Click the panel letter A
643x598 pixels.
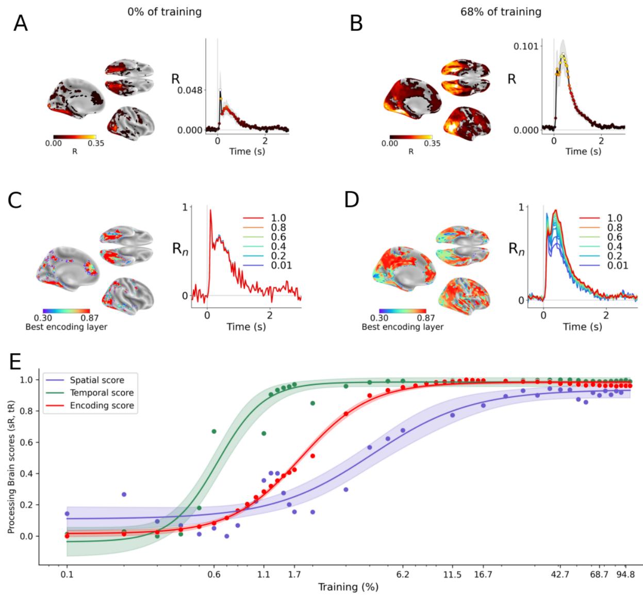(x=20, y=23)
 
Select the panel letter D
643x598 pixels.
(x=352, y=200)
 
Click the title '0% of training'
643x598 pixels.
(x=157, y=11)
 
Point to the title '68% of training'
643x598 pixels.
(x=501, y=11)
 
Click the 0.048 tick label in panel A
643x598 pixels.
(x=189, y=90)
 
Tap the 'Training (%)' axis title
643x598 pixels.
(x=348, y=587)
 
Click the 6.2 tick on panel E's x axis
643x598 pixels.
(x=403, y=573)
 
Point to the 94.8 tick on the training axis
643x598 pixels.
(x=625, y=573)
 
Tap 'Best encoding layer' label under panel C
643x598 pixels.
(x=67, y=327)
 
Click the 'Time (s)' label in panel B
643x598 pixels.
(x=583, y=151)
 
